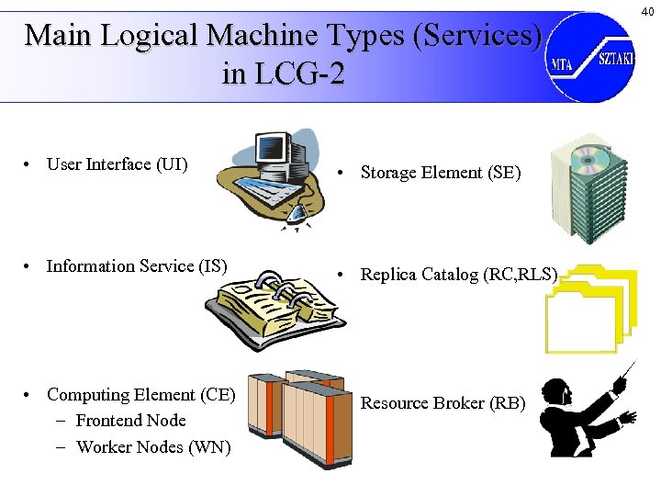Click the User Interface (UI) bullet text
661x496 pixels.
click(117, 164)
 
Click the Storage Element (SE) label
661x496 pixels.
click(440, 172)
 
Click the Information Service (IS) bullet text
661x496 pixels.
click(137, 266)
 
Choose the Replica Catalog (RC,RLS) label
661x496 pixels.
click(458, 274)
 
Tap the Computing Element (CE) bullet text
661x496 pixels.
click(141, 395)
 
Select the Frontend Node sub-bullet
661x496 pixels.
click(130, 421)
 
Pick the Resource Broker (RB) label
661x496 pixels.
click(443, 402)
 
